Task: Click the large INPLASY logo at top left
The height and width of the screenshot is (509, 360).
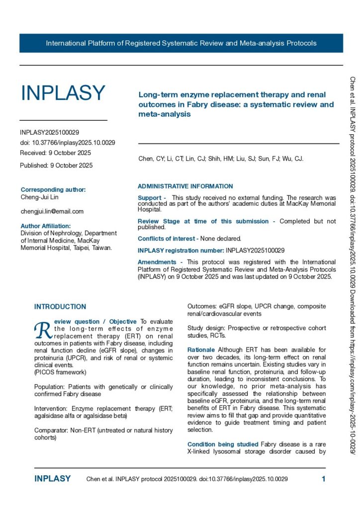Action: click(x=63, y=93)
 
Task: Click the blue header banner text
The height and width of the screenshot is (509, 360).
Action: click(x=181, y=43)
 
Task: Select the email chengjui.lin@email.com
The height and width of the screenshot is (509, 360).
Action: click(x=52, y=211)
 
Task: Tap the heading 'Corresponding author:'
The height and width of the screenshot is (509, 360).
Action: click(x=53, y=189)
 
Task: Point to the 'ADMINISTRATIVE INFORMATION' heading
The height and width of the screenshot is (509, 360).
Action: click(x=185, y=186)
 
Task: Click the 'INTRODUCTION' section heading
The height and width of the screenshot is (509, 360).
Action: click(x=60, y=307)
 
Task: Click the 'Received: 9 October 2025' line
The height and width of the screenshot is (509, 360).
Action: click(x=55, y=153)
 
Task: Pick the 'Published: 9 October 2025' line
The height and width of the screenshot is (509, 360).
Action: click(x=56, y=166)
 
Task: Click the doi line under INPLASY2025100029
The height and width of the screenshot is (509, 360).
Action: click(x=68, y=143)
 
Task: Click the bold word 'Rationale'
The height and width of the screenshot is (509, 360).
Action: click(x=201, y=350)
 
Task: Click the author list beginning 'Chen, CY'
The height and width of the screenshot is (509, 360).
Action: click(x=220, y=159)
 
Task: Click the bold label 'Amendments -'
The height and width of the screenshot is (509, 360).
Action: click(x=160, y=262)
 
